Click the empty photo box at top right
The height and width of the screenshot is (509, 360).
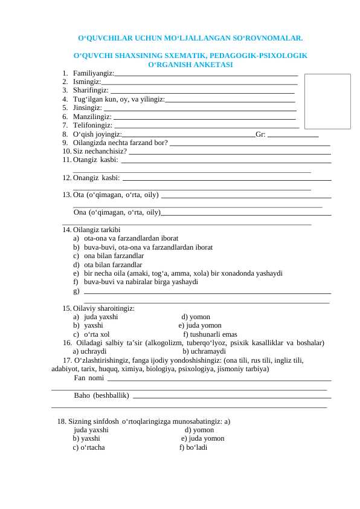[327, 102]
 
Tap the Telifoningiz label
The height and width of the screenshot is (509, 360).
[92, 125]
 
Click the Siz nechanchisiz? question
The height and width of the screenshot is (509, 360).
[100, 151]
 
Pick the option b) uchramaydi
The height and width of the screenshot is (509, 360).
[204, 351]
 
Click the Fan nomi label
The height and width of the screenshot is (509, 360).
[88, 378]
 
